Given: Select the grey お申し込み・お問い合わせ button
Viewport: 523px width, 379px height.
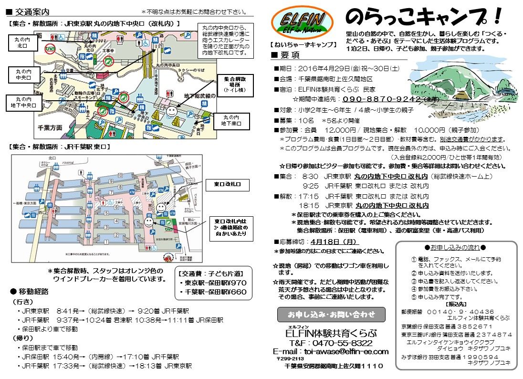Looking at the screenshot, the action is pyautogui.click(x=332, y=315).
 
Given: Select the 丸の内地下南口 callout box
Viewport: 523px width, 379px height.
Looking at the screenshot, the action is pyautogui.click(x=231, y=120).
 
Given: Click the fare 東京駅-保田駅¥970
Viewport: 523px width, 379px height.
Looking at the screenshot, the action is pyautogui.click(x=212, y=282).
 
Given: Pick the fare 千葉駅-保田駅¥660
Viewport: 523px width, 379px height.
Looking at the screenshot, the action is pyautogui.click(x=212, y=291).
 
